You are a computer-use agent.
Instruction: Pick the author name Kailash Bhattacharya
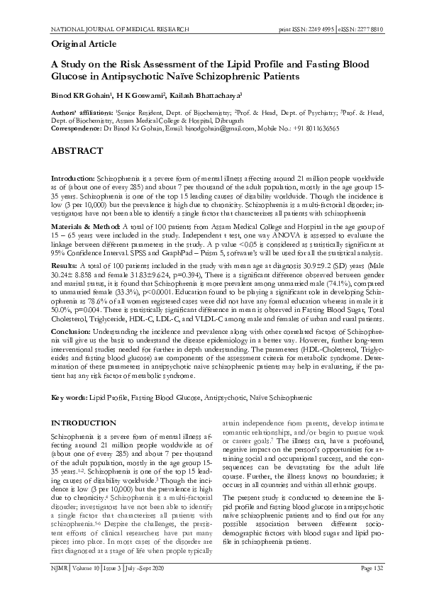[x=206, y=94]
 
